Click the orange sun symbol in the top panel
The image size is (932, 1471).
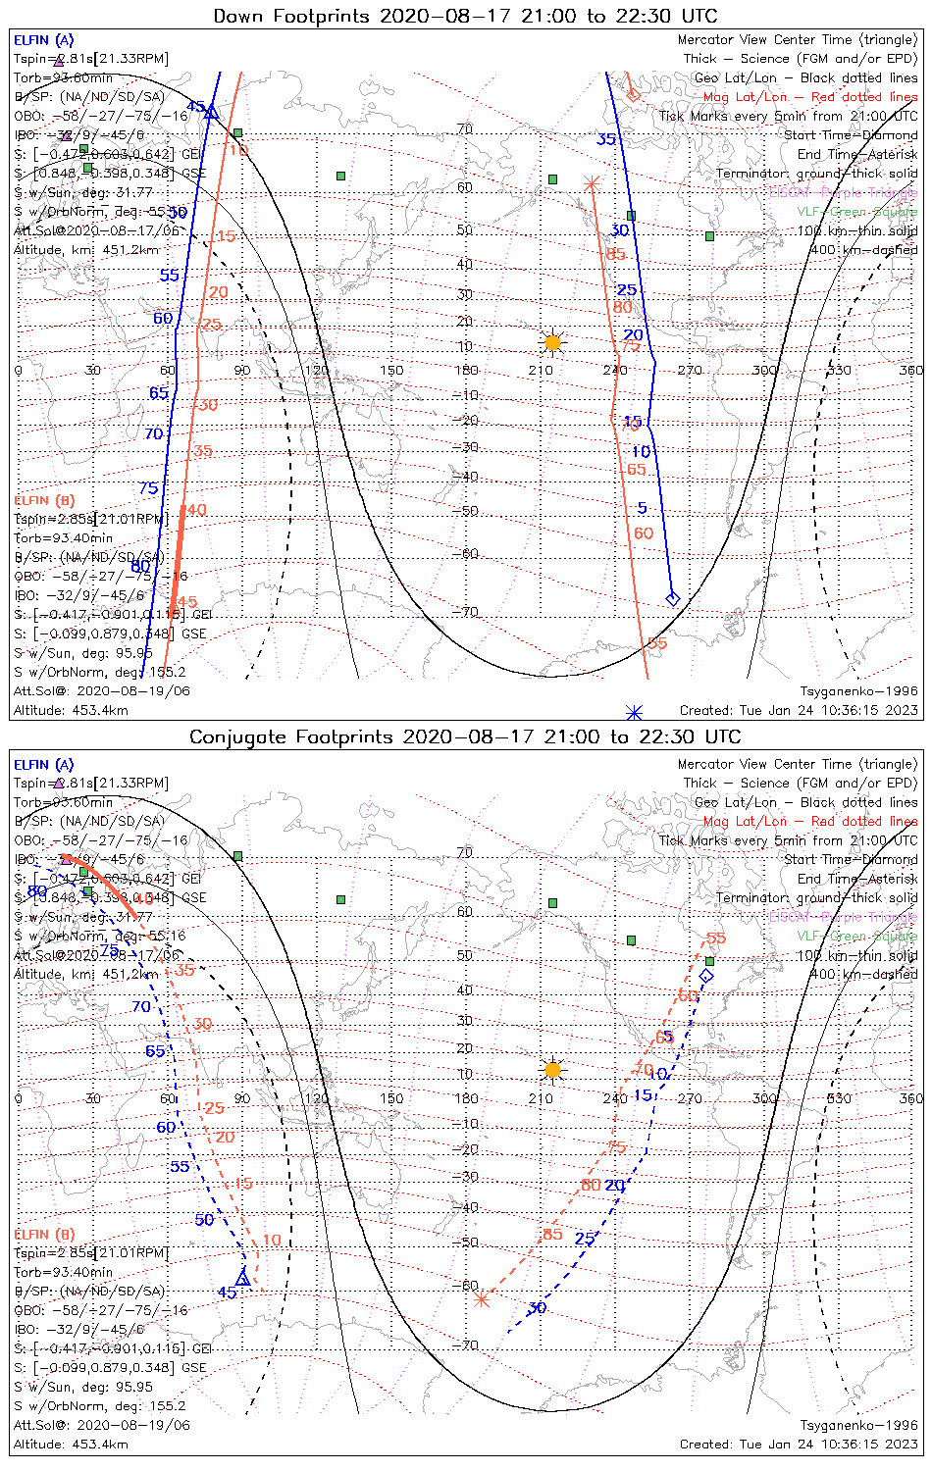tap(552, 342)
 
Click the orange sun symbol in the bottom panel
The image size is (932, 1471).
tap(552, 1069)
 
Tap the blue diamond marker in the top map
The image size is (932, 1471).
tap(673, 598)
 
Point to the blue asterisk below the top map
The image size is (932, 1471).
tap(634, 712)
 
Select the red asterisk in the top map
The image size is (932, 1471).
tap(591, 183)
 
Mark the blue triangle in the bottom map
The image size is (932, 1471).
tap(243, 1279)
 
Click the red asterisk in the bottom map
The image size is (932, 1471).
tap(482, 1299)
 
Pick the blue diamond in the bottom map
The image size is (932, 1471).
tap(706, 976)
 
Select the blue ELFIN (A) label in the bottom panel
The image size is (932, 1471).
tap(44, 765)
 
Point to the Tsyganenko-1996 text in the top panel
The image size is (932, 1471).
tap(858, 691)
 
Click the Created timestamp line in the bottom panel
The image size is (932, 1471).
tap(799, 1445)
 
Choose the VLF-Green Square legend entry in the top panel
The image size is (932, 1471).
tap(856, 212)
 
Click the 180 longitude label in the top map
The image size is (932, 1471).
tap(465, 371)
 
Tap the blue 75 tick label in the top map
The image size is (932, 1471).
tap(148, 488)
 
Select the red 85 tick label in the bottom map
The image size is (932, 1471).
tap(552, 1234)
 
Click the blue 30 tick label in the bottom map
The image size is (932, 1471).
tap(537, 1308)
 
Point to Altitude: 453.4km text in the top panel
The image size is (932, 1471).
tap(71, 710)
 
